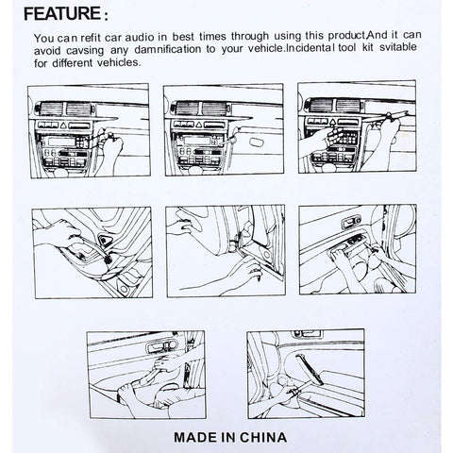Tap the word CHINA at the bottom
(262, 438)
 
